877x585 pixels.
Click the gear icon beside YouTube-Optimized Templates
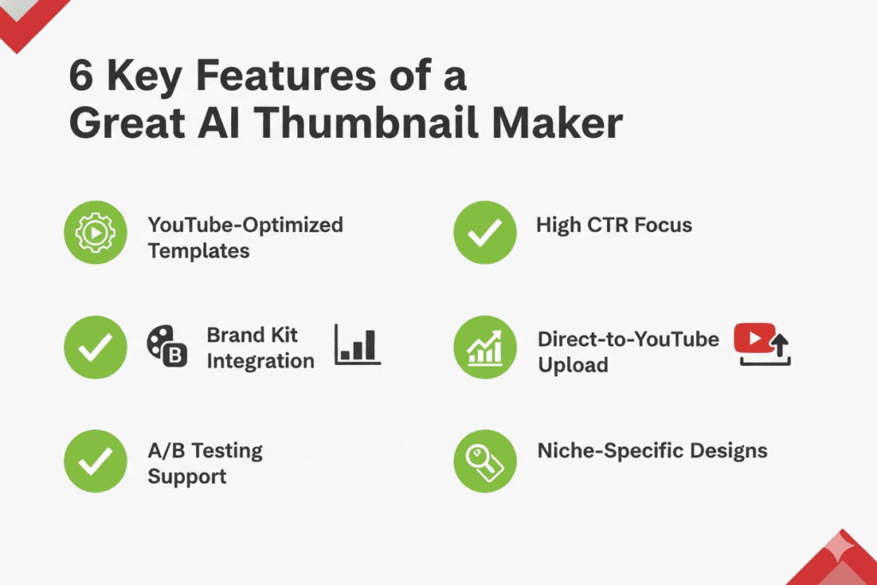coord(96,233)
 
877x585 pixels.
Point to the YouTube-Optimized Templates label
coord(245,237)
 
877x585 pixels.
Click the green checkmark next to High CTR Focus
coord(485,233)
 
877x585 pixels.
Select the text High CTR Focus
coord(613,225)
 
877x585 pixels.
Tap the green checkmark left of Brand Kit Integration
coord(96,347)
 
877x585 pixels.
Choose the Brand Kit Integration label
coord(260,347)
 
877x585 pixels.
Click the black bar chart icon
coord(358,345)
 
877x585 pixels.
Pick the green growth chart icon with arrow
coord(485,347)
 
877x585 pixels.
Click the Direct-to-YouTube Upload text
coord(628,351)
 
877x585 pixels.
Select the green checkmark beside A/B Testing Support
coord(96,462)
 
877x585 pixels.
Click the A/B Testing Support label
coord(205,463)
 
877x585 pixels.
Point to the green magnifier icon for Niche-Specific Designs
coord(485,462)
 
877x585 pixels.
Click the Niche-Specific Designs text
coord(652,451)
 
